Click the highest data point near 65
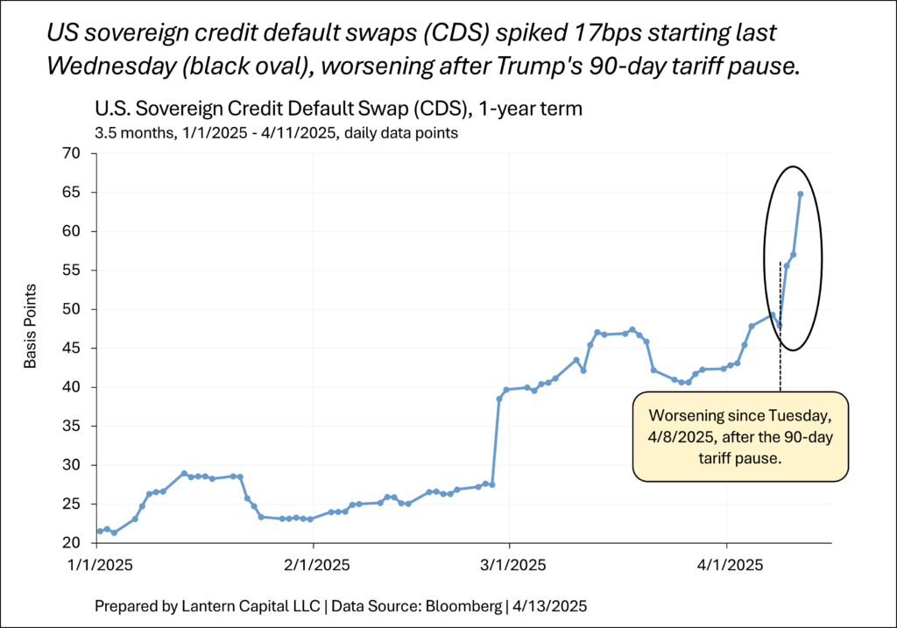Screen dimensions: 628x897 [x=801, y=194]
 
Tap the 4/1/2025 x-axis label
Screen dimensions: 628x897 [x=726, y=566]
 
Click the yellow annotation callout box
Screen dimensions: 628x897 [x=740, y=436]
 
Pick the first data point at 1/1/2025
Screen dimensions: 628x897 [x=99, y=531]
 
